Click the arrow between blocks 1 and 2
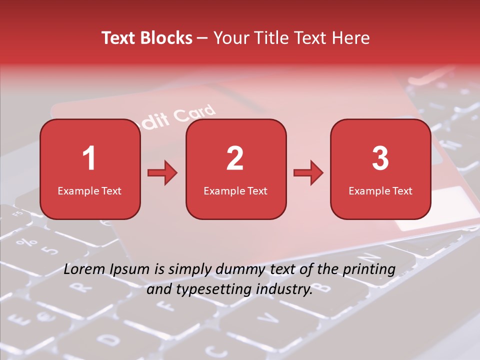coord(162,173)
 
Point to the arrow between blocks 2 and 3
coord(308,173)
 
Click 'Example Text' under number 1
coord(89,191)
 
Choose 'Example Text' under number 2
coord(235,191)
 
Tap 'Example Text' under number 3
coord(380,191)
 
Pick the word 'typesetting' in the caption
coord(215,289)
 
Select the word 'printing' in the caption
coord(369,269)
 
